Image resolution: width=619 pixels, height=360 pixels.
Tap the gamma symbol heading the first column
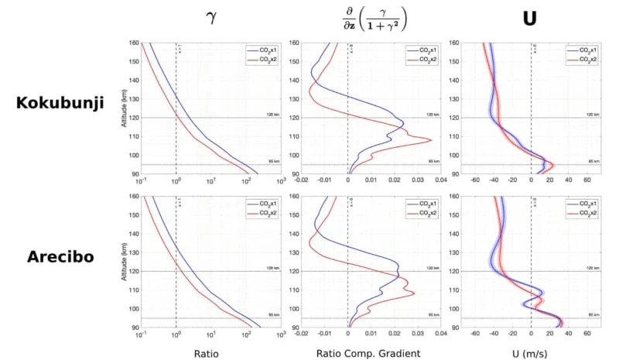pos(209,16)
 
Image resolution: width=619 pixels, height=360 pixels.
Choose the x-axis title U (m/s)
pos(529,353)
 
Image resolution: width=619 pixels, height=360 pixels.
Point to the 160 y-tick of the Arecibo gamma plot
pos(133,196)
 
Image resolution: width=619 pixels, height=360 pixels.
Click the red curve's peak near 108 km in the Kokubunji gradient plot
pos(431,140)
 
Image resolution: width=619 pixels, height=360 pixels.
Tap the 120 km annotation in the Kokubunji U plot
pos(590,114)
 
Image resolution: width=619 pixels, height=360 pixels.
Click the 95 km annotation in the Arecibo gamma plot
pos(273,314)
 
